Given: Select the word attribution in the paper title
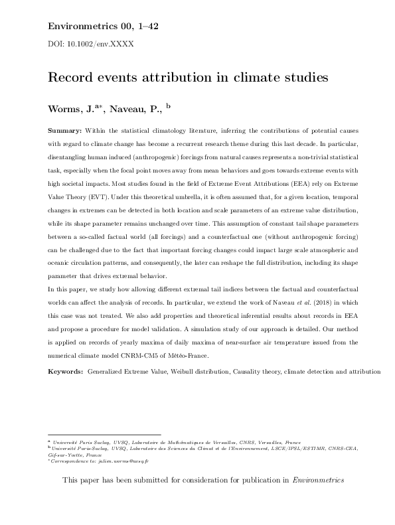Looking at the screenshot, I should [x=169, y=76].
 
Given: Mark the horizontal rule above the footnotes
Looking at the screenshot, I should [x=104, y=434].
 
